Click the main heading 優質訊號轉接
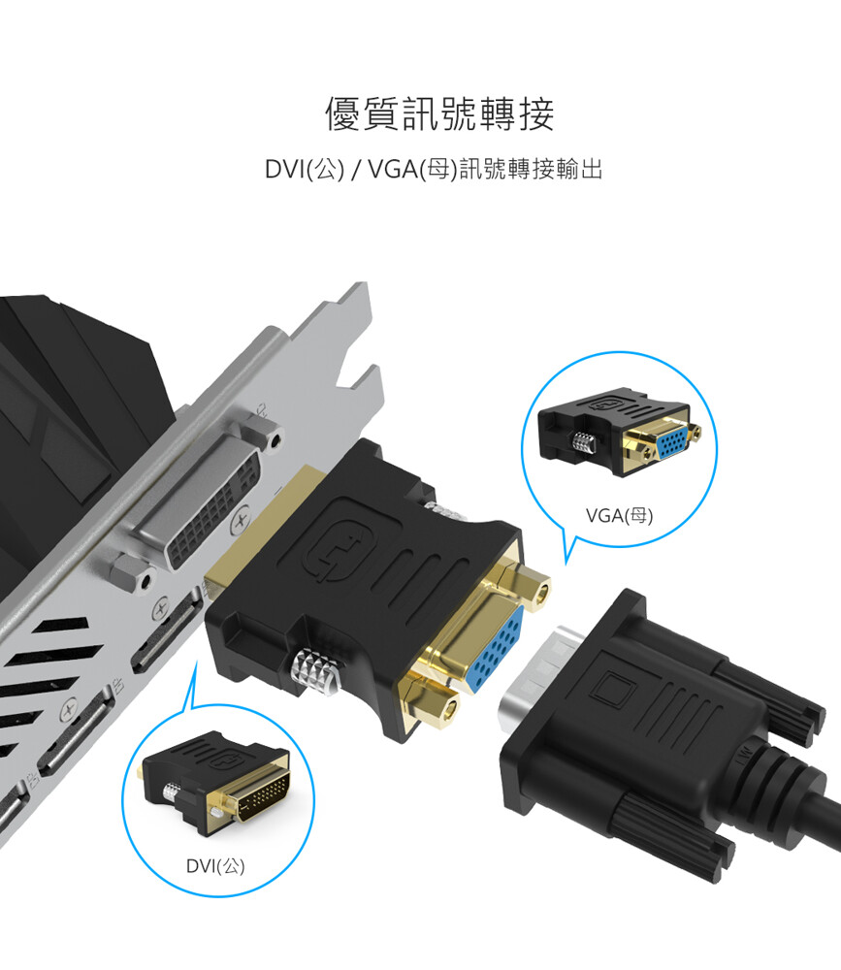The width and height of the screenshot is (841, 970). point(439,113)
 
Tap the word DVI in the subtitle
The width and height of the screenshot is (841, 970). point(284,169)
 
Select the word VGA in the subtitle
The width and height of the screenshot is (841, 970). point(392,169)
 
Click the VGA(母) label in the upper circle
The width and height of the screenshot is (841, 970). point(620,515)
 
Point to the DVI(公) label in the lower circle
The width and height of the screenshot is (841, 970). point(215,865)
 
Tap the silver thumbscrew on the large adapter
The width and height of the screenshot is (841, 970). point(317,671)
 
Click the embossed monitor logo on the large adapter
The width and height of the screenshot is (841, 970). point(339,547)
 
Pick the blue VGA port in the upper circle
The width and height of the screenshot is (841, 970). point(672,441)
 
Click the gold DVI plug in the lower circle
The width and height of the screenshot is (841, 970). point(260,794)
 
